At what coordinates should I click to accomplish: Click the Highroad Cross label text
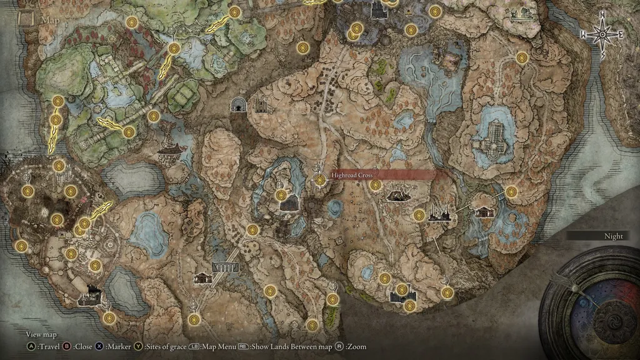pyautogui.click(x=352, y=176)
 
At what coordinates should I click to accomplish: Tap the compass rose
pyautogui.click(x=603, y=35)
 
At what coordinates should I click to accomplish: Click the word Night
pyautogui.click(x=613, y=236)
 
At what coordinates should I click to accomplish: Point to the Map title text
pyautogui.click(x=50, y=19)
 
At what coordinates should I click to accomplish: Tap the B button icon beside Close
pyautogui.click(x=66, y=346)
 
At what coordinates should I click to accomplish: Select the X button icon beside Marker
pyautogui.click(x=99, y=346)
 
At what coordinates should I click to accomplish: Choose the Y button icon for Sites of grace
pyautogui.click(x=138, y=346)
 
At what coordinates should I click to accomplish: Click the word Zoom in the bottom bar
pyautogui.click(x=357, y=346)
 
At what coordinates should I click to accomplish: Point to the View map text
pyautogui.click(x=41, y=335)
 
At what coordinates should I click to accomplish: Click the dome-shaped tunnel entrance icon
pyautogui.click(x=238, y=105)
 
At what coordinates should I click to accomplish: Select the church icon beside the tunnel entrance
pyautogui.click(x=261, y=106)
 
